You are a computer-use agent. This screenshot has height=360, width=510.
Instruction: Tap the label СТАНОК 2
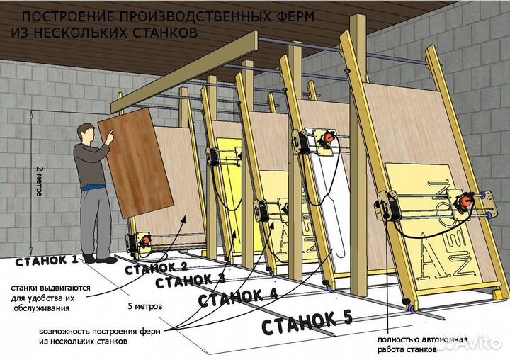[x=155, y=267]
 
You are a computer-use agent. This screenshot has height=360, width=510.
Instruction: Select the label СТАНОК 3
[x=190, y=281]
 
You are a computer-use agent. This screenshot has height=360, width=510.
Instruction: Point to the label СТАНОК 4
[x=237, y=298]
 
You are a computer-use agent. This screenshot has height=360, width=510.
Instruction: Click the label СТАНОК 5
[x=307, y=322]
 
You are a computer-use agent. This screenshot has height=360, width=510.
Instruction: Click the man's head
[x=86, y=133]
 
